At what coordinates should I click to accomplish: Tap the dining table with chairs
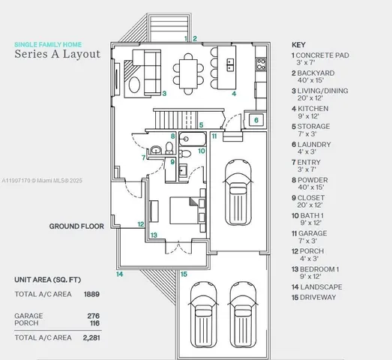pyautogui.click(x=187, y=69)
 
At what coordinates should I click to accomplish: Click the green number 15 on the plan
pyautogui.click(x=184, y=274)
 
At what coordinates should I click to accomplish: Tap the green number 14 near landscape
pyautogui.click(x=119, y=274)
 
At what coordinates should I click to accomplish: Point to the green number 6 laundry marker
pyautogui.click(x=256, y=120)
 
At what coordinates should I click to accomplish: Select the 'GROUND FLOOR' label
pyautogui.click(x=76, y=225)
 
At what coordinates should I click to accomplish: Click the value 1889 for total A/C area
pyautogui.click(x=91, y=294)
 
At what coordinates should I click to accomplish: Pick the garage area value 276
pyautogui.click(x=94, y=316)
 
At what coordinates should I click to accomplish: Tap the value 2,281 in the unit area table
pyautogui.click(x=91, y=337)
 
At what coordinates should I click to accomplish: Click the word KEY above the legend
pyautogui.click(x=298, y=45)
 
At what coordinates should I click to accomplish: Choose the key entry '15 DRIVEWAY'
pyautogui.click(x=314, y=297)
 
